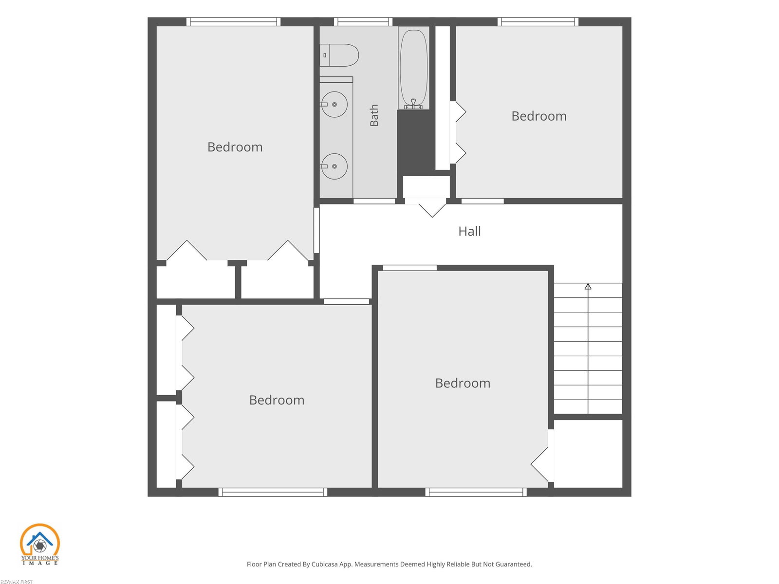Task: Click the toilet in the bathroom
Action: click(339, 55)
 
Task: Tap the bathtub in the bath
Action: click(413, 68)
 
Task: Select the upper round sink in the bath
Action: click(334, 104)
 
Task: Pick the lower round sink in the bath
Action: click(334, 166)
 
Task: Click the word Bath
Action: click(374, 115)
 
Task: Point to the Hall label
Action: click(469, 232)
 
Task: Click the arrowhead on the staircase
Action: click(588, 286)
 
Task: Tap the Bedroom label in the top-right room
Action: click(539, 116)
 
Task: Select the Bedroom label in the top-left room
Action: click(235, 147)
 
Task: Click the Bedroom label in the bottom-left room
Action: click(277, 401)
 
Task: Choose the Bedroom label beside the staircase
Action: click(463, 383)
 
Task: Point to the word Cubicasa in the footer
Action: click(324, 564)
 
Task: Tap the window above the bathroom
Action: click(363, 21)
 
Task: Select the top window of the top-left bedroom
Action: click(234, 21)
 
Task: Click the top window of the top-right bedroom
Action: click(538, 21)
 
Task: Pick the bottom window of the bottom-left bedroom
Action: click(273, 492)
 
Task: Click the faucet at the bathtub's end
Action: click(413, 104)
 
